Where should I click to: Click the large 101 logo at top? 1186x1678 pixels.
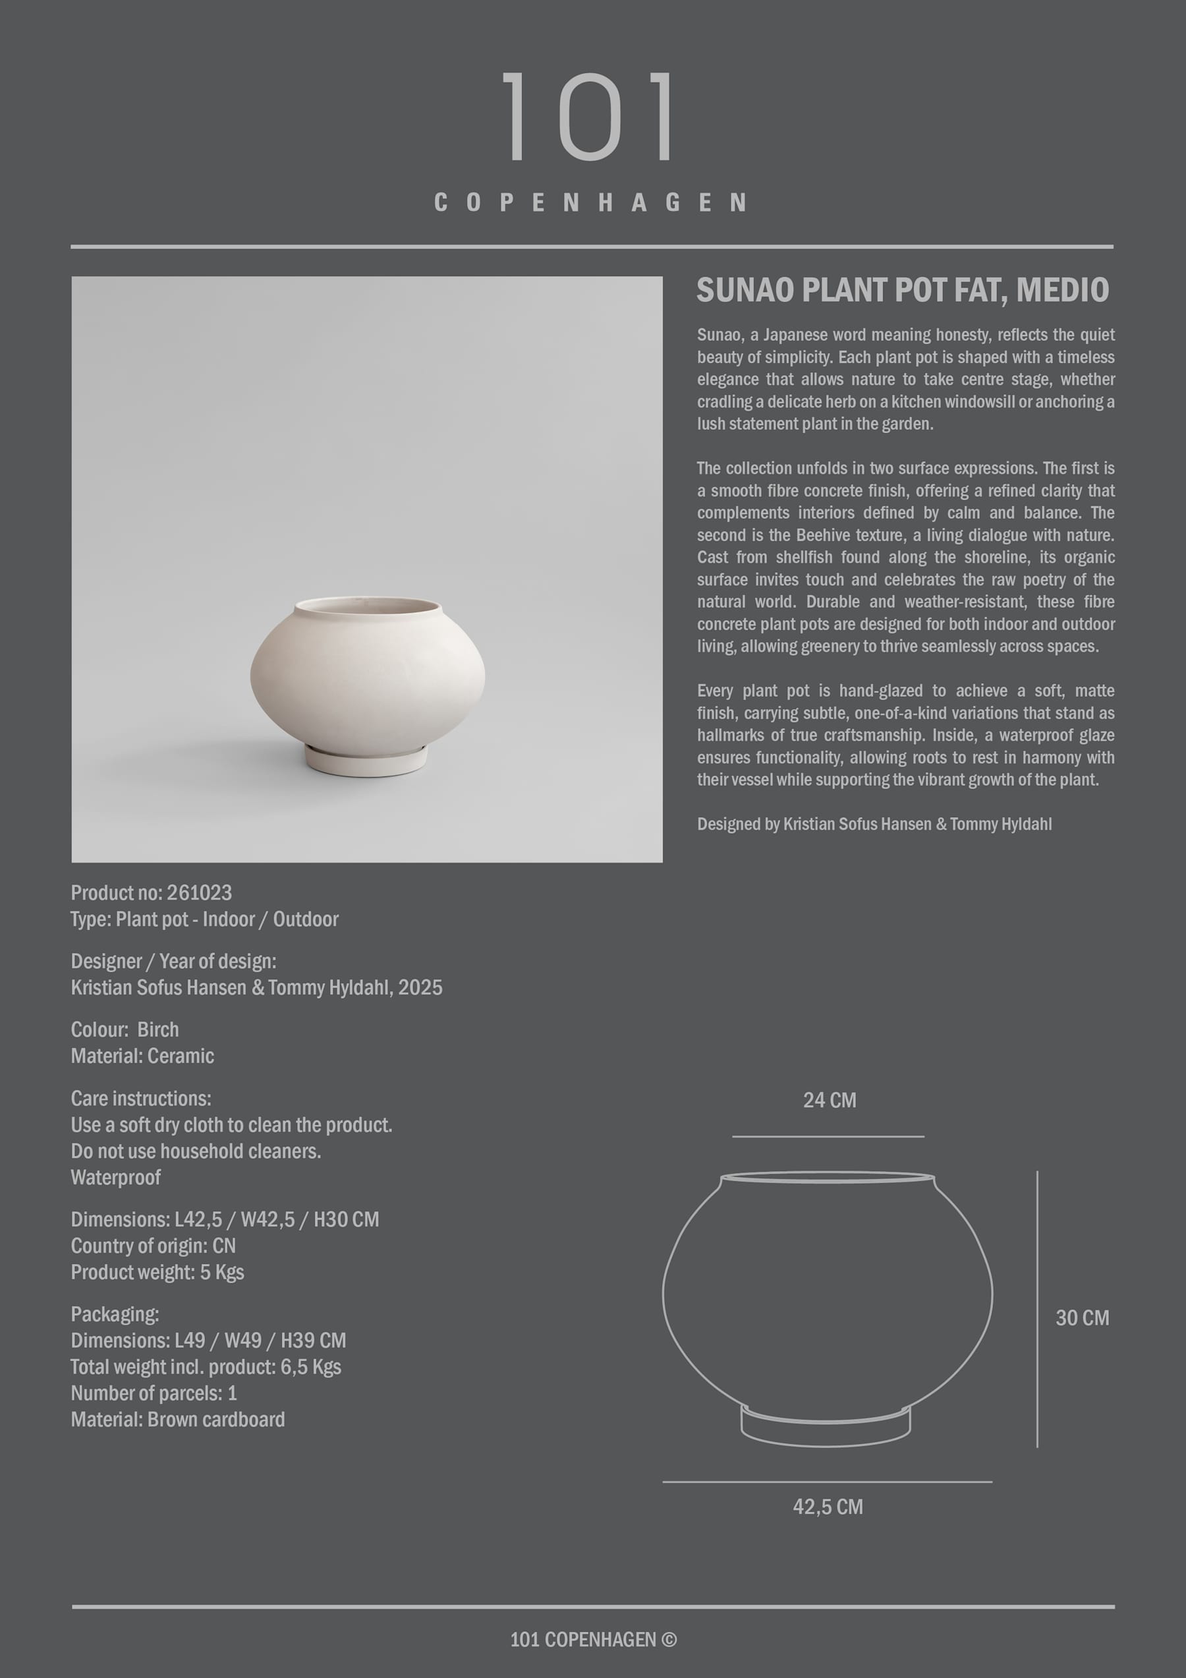[589, 117]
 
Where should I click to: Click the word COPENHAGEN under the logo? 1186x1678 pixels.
[590, 202]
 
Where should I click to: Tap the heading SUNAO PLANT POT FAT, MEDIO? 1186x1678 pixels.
[903, 290]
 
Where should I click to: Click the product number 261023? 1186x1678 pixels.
[199, 892]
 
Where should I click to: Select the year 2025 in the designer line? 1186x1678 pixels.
[420, 987]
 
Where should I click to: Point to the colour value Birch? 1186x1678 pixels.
[158, 1029]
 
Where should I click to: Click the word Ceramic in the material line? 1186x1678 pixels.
[181, 1055]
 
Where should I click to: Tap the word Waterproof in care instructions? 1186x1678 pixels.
[115, 1176]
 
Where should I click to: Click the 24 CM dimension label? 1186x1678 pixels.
[830, 1100]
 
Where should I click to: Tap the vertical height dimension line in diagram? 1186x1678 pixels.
[1037, 1308]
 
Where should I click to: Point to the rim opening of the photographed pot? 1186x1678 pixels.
[368, 606]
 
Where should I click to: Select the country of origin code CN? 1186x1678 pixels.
[223, 1246]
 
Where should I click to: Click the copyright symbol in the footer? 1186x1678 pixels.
[669, 1639]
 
